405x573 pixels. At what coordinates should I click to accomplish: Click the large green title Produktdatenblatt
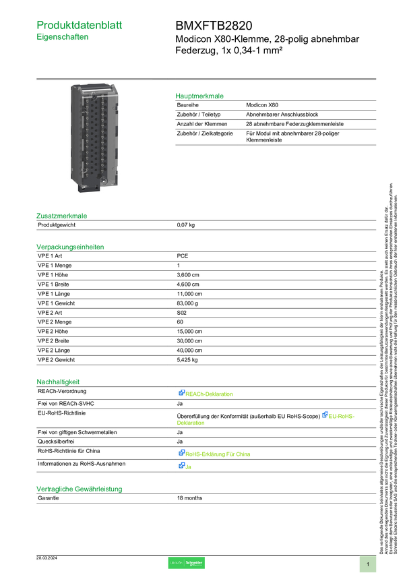click(x=80, y=25)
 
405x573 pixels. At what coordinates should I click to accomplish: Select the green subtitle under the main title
click(x=63, y=38)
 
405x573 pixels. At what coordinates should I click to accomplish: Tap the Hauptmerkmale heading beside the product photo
click(x=199, y=96)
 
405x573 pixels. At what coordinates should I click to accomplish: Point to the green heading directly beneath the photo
click(x=62, y=216)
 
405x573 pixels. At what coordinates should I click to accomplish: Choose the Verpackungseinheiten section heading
click(x=70, y=247)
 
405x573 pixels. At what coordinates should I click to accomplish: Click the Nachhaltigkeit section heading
click(x=58, y=382)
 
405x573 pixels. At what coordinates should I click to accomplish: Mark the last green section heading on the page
click(x=80, y=489)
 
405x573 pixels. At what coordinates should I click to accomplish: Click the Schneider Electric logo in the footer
click(x=186, y=563)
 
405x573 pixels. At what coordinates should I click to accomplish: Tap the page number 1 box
click(x=368, y=564)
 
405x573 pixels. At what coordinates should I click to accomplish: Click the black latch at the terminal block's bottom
click(x=89, y=189)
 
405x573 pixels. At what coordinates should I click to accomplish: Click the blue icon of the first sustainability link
click(x=181, y=393)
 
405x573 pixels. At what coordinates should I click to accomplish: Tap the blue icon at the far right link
click(x=325, y=415)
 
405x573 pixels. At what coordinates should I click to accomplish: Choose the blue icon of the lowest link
click(x=181, y=465)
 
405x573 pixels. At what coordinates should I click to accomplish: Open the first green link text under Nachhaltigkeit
click(x=210, y=394)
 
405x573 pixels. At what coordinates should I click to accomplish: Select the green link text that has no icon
click(x=191, y=423)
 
